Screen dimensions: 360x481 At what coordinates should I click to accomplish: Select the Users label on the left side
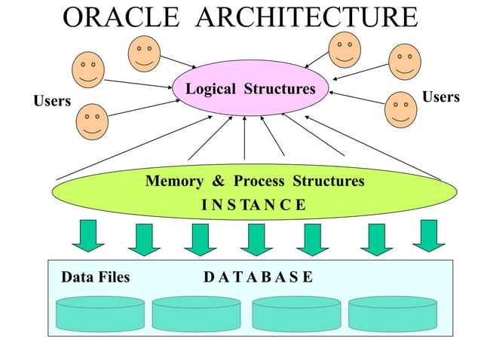point(52,101)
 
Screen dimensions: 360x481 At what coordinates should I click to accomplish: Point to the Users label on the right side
point(441,97)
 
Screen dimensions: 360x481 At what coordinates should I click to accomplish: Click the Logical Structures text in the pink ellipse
point(250,90)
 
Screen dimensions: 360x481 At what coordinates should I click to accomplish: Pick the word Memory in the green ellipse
point(173,182)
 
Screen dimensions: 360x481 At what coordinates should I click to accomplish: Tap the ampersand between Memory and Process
point(219,182)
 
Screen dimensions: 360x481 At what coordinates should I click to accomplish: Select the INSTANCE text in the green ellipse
point(253,204)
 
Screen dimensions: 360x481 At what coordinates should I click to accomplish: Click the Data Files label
point(95,277)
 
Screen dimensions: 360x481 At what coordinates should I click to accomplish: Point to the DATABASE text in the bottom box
point(258,277)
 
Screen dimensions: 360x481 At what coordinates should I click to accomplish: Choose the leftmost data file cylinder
point(100,313)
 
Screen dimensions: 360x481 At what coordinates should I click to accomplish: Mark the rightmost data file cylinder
point(393,313)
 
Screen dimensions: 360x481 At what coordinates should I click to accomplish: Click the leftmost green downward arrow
point(87,235)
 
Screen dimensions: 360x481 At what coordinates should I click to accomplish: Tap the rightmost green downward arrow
point(428,235)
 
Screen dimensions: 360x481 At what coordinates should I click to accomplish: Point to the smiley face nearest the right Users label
point(400,110)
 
